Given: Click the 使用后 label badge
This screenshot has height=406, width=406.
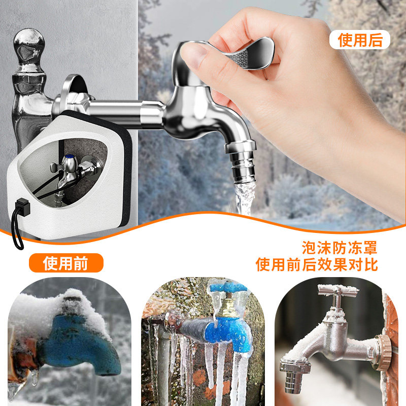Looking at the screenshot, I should pyautogui.click(x=360, y=40).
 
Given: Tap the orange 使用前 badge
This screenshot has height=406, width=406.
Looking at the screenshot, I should pyautogui.click(x=65, y=263).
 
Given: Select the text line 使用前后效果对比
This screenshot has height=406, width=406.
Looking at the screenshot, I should pyautogui.click(x=317, y=265).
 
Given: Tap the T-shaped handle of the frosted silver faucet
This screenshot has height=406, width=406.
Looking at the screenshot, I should pyautogui.click(x=337, y=291).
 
